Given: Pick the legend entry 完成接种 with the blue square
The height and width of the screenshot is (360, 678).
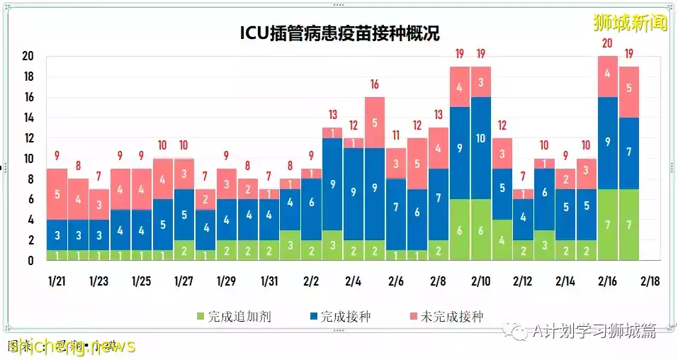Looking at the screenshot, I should pyautogui.click(x=339, y=316).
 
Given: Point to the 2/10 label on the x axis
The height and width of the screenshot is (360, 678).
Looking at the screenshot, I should pyautogui.click(x=481, y=281).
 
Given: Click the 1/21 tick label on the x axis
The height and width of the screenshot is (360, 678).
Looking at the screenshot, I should pyautogui.click(x=57, y=281).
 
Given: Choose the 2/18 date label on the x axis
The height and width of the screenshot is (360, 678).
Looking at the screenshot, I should pyautogui.click(x=650, y=281).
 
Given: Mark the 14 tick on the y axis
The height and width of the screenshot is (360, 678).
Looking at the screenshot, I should pyautogui.click(x=29, y=118).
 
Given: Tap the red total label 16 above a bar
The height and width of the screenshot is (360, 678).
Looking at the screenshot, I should pyautogui.click(x=375, y=85).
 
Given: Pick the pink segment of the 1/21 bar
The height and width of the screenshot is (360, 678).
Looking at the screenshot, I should pyautogui.click(x=57, y=193).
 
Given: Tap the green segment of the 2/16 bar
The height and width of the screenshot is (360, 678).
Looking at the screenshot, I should pyautogui.click(x=609, y=224).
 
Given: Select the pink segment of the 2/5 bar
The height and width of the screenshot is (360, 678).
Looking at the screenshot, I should pyautogui.click(x=375, y=122).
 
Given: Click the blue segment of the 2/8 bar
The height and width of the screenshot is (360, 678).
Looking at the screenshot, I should pyautogui.click(x=439, y=198).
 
